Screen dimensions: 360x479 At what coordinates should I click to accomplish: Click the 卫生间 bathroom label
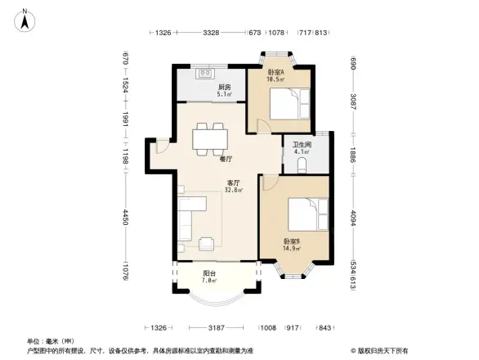tap(302, 146)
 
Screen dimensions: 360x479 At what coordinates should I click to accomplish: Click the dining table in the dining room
tap(210, 137)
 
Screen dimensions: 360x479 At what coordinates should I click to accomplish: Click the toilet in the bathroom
tap(303, 167)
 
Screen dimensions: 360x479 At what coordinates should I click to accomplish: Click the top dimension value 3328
tap(211, 33)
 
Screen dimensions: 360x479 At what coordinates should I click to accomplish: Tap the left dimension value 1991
tap(127, 120)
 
